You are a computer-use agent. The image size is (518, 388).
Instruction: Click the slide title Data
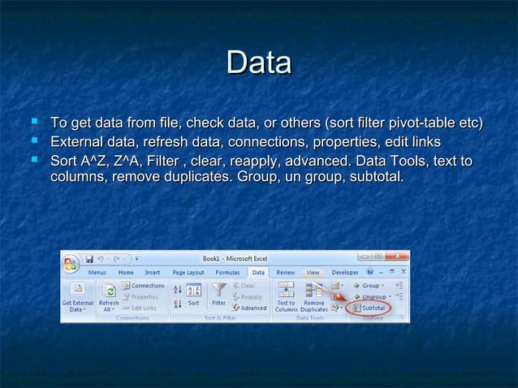coord(259,63)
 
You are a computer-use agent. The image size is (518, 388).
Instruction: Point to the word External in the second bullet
coord(78,142)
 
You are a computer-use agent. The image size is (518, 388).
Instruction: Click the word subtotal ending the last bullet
coord(375,177)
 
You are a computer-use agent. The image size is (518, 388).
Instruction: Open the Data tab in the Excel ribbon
coord(258,273)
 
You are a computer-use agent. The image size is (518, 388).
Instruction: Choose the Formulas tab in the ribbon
coord(227,273)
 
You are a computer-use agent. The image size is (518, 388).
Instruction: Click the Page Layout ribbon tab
coord(189,273)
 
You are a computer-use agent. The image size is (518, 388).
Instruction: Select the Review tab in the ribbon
coord(286,273)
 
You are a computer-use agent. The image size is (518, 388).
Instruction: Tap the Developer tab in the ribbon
coord(345,273)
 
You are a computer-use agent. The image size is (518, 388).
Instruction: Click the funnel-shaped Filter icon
coord(218,294)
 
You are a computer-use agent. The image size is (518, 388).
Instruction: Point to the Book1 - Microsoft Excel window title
coord(235,258)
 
